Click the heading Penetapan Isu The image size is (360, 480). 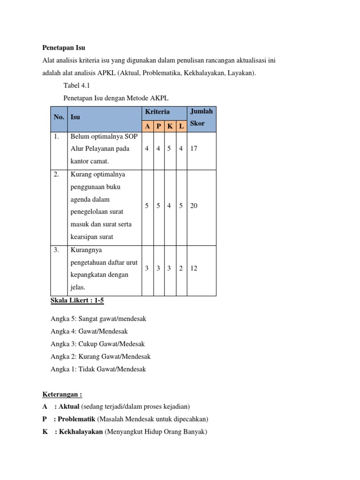point(64,48)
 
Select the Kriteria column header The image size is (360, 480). point(157,112)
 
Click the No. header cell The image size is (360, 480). point(59,117)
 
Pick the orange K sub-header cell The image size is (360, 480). point(170,127)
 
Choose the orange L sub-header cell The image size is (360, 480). point(181,127)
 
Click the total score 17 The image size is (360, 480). point(194,149)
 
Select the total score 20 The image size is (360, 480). point(194,206)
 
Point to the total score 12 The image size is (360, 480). point(194,268)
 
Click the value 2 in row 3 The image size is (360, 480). point(181,268)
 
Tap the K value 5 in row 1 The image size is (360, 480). point(170,149)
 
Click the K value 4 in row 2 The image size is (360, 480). point(170,206)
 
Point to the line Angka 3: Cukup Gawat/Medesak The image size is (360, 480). point(97,344)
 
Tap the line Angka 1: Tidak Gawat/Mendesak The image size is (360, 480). point(98,369)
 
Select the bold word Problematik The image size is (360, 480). point(77,419)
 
